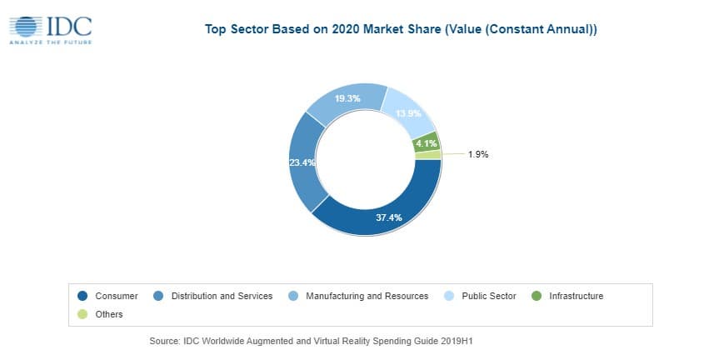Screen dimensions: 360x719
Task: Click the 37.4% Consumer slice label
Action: click(390, 217)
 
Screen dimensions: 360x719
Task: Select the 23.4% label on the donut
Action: click(302, 162)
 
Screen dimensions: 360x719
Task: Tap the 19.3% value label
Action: click(348, 99)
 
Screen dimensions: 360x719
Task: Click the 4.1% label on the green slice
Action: click(426, 142)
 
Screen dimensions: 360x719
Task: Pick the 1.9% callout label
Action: click(477, 154)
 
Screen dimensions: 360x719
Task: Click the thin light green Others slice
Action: click(428, 154)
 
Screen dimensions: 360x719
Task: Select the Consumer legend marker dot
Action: click(82, 296)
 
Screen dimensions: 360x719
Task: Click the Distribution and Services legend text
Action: click(222, 296)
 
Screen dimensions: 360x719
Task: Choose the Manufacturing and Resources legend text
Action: click(367, 296)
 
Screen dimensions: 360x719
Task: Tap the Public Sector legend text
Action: click(489, 296)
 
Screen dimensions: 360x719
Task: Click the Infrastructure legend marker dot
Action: click(537, 296)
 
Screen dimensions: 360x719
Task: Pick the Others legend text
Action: click(109, 314)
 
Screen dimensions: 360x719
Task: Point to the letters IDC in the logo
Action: click(70, 25)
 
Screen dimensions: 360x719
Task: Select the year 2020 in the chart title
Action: click(344, 29)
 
